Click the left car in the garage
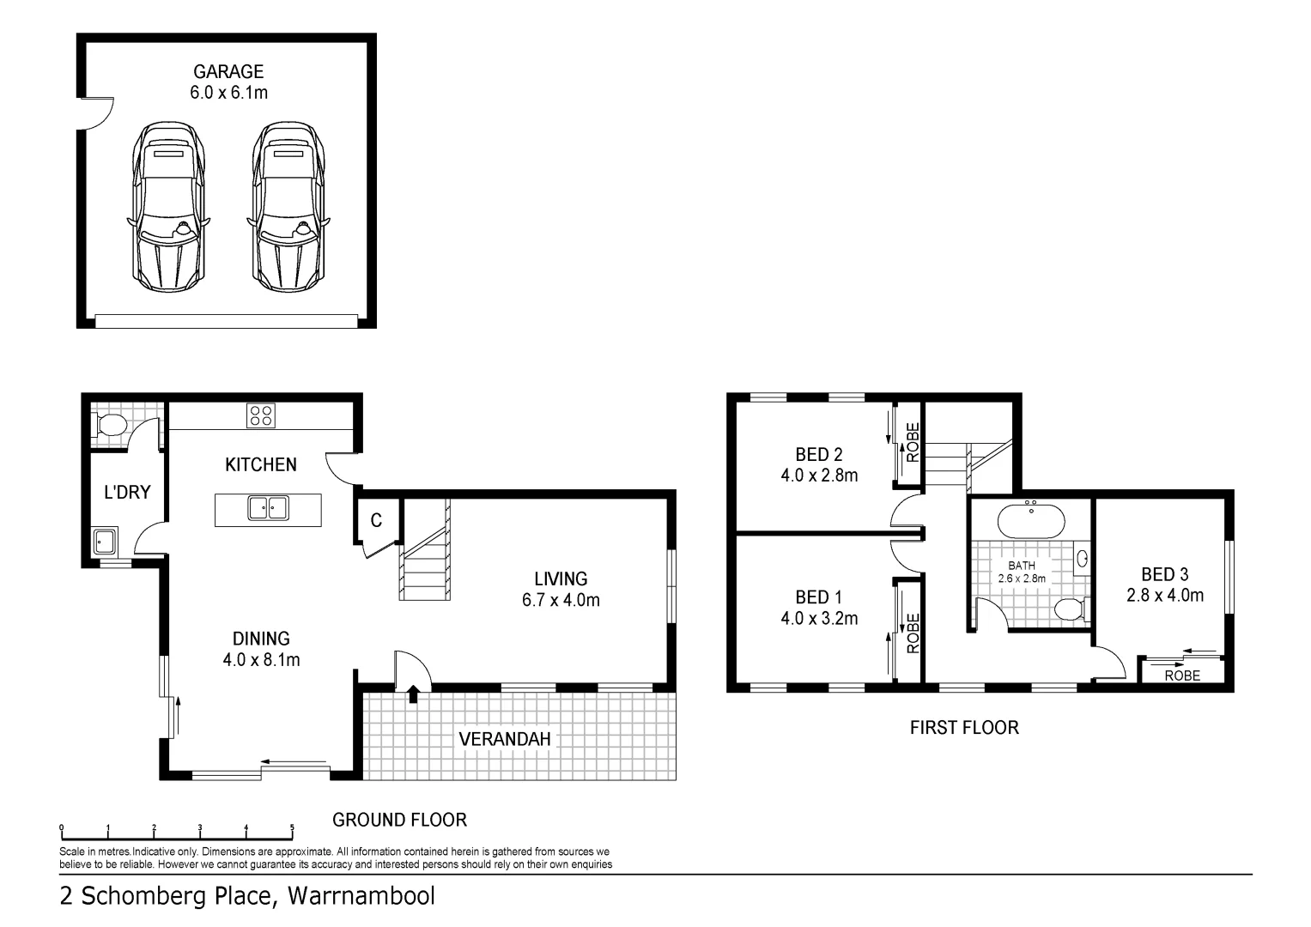point(169,206)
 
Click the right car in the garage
point(289,206)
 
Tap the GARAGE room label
point(228,72)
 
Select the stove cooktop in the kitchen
point(261,416)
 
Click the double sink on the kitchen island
point(268,508)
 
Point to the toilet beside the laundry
point(112,425)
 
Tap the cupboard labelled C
point(376,520)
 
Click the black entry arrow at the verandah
point(413,694)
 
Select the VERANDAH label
point(504,739)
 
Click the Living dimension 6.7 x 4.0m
point(561,600)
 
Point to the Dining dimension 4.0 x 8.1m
point(261,660)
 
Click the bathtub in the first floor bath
point(1030,520)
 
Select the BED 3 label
point(1164,574)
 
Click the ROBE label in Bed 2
point(913,442)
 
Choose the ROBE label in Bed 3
point(1182,676)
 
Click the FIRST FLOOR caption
point(964,728)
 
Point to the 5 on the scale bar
point(292,828)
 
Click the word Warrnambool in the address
point(361,896)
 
